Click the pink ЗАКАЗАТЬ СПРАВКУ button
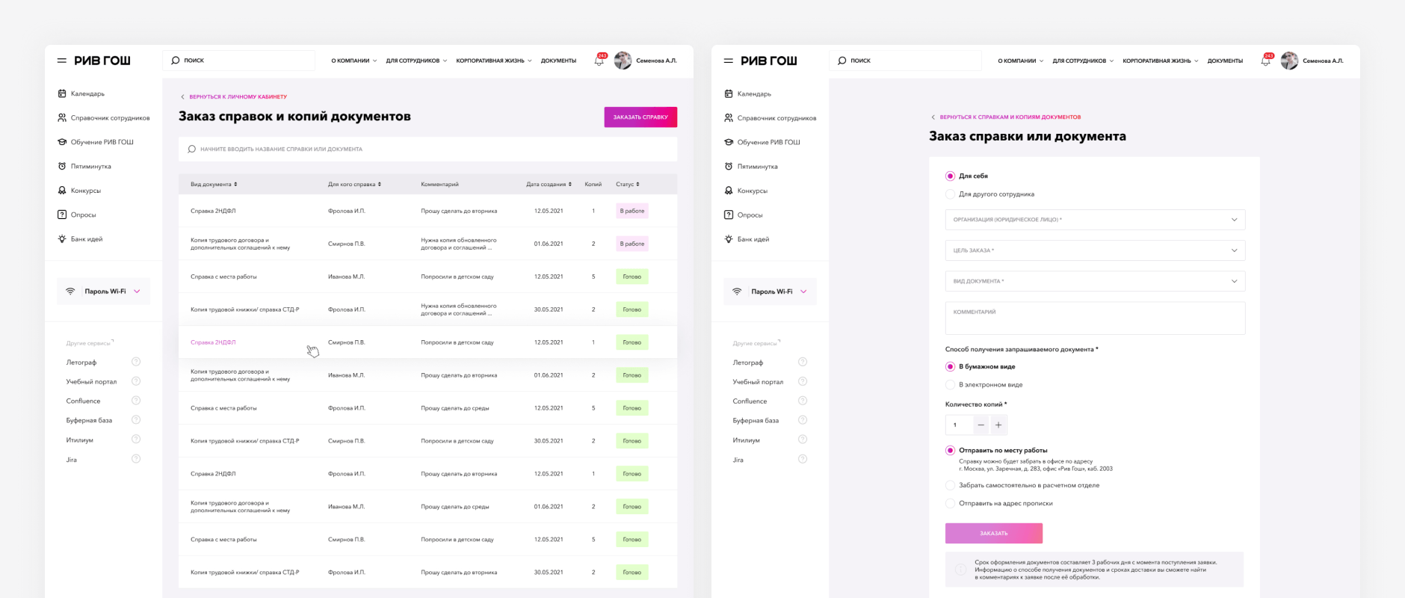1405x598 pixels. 640,117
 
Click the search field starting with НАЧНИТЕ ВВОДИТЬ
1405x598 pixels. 427,149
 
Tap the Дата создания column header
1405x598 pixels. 548,184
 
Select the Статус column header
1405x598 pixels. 627,184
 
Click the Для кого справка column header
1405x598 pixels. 353,184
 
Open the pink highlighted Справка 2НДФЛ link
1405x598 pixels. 213,342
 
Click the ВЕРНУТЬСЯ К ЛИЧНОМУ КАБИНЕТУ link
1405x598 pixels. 237,96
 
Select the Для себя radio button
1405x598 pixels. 950,176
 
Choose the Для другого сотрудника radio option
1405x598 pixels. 950,194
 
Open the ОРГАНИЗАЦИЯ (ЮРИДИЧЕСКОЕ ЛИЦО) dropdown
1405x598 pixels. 1095,220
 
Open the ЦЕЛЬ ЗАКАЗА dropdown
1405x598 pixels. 1095,250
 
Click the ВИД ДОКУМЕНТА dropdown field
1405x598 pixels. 1095,281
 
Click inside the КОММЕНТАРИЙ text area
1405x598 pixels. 1095,318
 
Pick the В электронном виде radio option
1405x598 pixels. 950,385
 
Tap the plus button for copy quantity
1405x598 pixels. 998,425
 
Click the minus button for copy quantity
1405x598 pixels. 981,425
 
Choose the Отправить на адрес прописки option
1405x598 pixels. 950,504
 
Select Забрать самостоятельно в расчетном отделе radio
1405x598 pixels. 950,486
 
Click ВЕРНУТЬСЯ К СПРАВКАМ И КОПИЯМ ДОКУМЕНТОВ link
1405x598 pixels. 1009,117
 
